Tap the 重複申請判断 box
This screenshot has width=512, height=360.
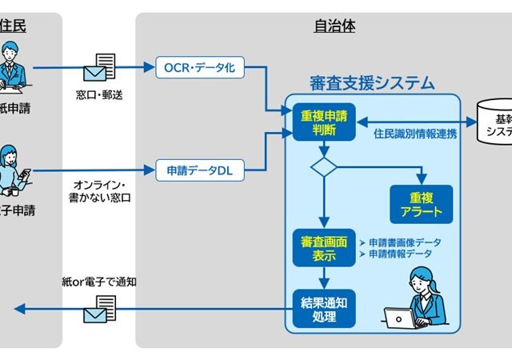pos(318,122)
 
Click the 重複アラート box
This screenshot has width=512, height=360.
pos(420,204)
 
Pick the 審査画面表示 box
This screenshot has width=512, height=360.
pos(318,248)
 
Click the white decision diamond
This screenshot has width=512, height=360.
pos(324,167)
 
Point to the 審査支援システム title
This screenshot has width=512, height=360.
pos(372,82)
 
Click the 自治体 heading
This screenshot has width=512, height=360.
pos(334,26)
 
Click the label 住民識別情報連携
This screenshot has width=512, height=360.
pos(415,134)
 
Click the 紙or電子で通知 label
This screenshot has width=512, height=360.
pos(99,281)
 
